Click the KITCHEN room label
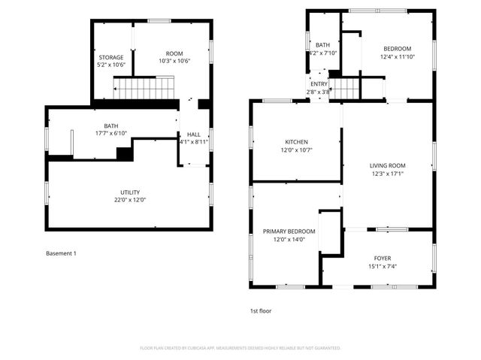[x=296, y=142]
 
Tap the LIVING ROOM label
[x=387, y=165]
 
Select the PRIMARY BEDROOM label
[x=289, y=231]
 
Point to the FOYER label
[x=383, y=256]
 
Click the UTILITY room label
[x=130, y=192]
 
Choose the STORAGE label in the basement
[x=111, y=57]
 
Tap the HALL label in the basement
[x=193, y=134]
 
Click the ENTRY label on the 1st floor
[x=319, y=83]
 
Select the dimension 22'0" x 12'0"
[x=130, y=200]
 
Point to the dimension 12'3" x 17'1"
[x=387, y=173]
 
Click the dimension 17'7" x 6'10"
[x=111, y=134]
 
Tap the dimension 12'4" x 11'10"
[x=398, y=56]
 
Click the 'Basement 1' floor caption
[x=61, y=253]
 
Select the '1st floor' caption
[x=261, y=310]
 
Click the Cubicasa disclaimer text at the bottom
[x=240, y=348]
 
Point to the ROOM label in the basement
[x=174, y=53]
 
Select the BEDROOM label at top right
[x=398, y=48]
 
